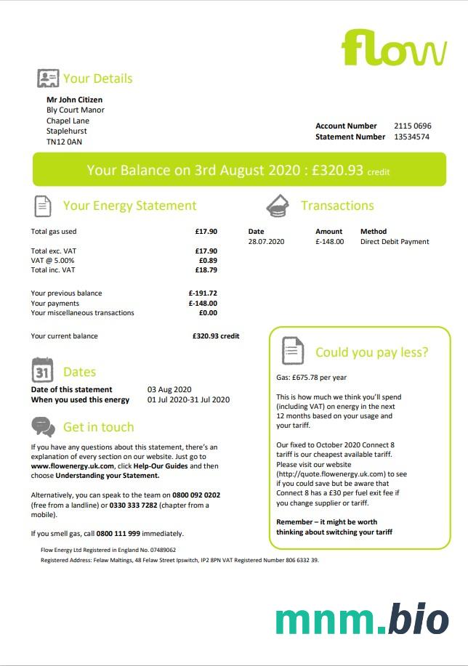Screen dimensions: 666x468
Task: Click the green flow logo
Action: tap(394, 48)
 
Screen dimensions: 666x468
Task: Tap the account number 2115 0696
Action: tap(412, 126)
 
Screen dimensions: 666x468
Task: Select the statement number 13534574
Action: tap(411, 137)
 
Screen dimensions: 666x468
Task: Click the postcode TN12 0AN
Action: tap(64, 142)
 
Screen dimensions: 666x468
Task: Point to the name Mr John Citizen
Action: tap(74, 100)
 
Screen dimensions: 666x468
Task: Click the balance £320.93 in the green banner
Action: tap(338, 171)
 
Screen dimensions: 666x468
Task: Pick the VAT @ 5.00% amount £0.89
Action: tap(208, 260)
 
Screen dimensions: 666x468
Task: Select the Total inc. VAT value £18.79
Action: tap(206, 269)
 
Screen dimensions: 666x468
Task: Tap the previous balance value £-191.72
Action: tap(203, 293)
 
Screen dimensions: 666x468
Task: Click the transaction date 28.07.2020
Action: tap(266, 242)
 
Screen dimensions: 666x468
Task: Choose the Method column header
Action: tap(374, 232)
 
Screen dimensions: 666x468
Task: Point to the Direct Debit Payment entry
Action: tap(395, 242)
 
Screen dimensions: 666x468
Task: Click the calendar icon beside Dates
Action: tap(43, 370)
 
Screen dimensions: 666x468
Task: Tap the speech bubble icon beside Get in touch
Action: tap(43, 426)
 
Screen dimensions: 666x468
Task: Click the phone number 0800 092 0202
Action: tap(196, 495)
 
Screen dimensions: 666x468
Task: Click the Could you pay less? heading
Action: tap(371, 352)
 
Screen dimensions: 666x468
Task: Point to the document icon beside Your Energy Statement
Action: tap(43, 206)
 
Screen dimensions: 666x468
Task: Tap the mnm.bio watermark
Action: tap(362, 620)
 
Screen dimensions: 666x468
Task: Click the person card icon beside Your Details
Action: tap(48, 78)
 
